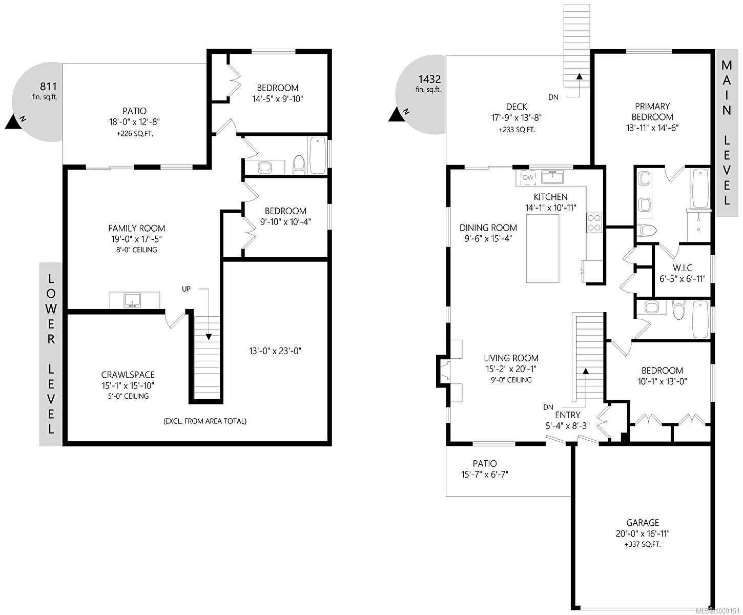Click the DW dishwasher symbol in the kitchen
(528, 178)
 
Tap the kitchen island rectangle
(543, 249)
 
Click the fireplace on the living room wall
(444, 370)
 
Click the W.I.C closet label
(683, 268)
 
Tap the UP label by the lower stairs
(186, 289)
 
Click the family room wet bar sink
(133, 300)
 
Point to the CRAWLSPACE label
(128, 375)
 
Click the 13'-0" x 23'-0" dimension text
(274, 351)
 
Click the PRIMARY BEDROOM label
(652, 111)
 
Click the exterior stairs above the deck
(577, 46)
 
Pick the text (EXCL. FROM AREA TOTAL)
(205, 421)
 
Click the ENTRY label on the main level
(567, 415)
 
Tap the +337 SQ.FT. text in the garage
(643, 544)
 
